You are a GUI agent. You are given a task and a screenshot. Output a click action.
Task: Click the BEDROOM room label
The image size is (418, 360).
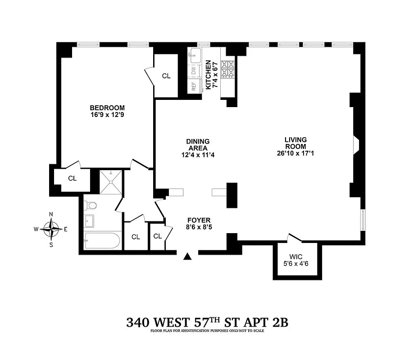pyautogui.click(x=107, y=108)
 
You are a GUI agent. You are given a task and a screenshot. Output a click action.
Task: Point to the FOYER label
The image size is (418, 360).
pyautogui.click(x=199, y=220)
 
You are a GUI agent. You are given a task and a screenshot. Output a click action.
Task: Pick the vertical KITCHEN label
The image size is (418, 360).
pyautogui.click(x=209, y=74)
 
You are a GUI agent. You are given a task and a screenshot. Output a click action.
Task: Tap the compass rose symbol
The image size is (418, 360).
pyautogui.click(x=53, y=229)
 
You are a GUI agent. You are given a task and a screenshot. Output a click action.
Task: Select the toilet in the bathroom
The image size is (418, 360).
pyautogui.click(x=91, y=206)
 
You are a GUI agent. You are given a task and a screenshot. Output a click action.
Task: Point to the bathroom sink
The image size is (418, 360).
pyautogui.click(x=89, y=221)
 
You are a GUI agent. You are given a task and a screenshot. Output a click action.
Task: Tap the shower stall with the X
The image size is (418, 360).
pyautogui.click(x=110, y=181)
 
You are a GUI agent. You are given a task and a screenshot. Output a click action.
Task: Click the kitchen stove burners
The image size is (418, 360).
pyautogui.click(x=227, y=67)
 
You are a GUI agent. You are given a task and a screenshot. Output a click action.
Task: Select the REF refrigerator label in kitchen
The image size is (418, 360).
pyautogui.click(x=194, y=86)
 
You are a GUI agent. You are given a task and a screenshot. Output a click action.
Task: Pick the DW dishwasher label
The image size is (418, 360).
pyautogui.click(x=194, y=70)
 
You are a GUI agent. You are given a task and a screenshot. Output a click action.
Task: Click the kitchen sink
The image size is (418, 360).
pyautogui.click(x=195, y=56)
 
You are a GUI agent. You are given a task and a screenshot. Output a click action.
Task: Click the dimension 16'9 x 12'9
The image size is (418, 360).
pyautogui.click(x=107, y=115)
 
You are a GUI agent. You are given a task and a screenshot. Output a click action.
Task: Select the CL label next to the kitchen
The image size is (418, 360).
pyautogui.click(x=166, y=76)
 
